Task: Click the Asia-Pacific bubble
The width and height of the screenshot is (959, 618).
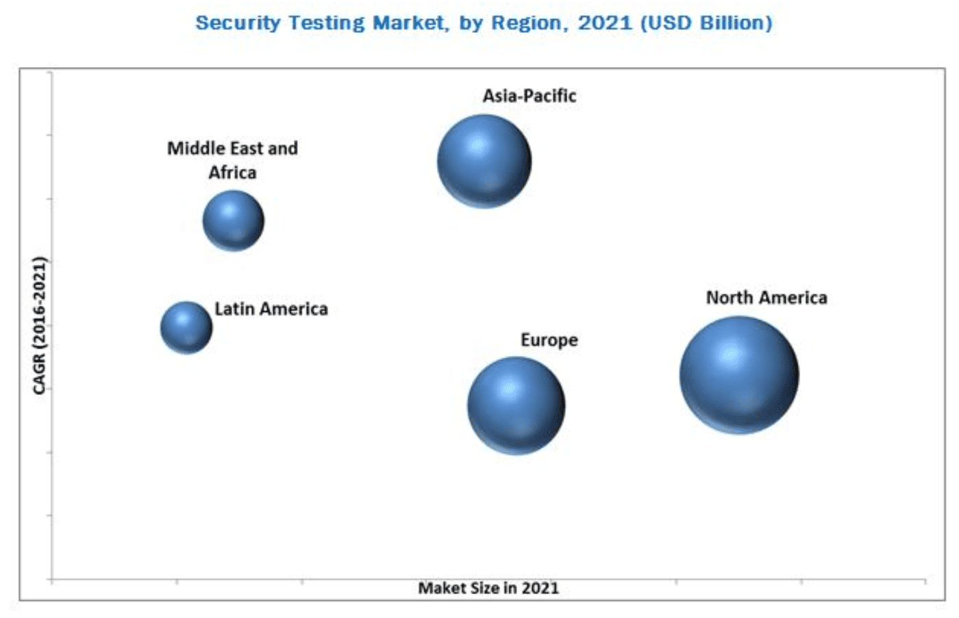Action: [484, 161]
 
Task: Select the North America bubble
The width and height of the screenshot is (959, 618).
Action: [739, 375]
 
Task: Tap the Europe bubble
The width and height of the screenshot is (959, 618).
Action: [516, 405]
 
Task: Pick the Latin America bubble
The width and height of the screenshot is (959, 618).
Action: [186, 328]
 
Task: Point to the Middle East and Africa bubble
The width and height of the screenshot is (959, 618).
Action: [234, 220]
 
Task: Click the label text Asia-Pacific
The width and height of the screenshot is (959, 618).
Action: [529, 96]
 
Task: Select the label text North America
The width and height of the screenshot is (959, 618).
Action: [767, 298]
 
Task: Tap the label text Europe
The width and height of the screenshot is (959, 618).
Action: [549, 340]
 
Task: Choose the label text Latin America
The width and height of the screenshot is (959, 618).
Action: [271, 309]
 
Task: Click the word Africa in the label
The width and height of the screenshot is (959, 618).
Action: [232, 172]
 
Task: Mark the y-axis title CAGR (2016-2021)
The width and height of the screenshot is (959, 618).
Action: [39, 325]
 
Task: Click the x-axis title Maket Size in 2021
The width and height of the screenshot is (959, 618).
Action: [488, 588]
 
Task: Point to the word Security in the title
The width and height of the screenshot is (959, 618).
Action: [238, 23]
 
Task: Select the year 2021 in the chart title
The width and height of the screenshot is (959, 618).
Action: [605, 23]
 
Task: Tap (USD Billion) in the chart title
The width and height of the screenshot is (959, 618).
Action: [706, 23]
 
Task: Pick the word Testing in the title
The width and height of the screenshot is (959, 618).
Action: [327, 23]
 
